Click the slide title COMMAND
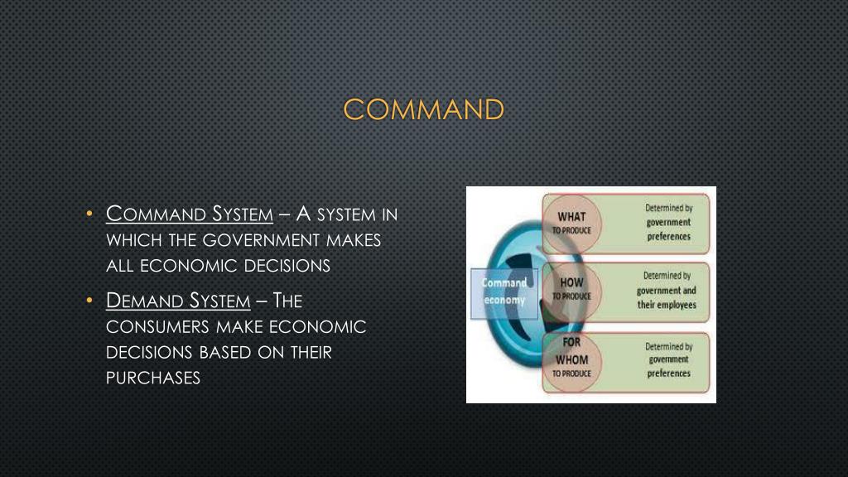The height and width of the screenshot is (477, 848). tap(423, 109)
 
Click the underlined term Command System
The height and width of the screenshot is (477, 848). tap(190, 214)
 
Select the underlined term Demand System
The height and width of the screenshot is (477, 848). tap(178, 301)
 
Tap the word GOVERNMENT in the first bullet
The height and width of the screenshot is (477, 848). tap(263, 240)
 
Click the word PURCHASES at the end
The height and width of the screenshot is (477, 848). tap(154, 378)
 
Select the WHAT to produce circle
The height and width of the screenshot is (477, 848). tap(571, 223)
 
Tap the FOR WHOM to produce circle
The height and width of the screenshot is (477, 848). tap(571, 358)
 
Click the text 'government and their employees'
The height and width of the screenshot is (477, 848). tap(667, 297)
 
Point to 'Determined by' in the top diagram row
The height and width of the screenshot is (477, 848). tap(668, 208)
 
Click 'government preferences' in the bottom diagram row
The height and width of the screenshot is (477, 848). tap(668, 366)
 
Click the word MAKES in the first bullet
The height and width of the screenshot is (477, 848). tap(353, 240)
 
